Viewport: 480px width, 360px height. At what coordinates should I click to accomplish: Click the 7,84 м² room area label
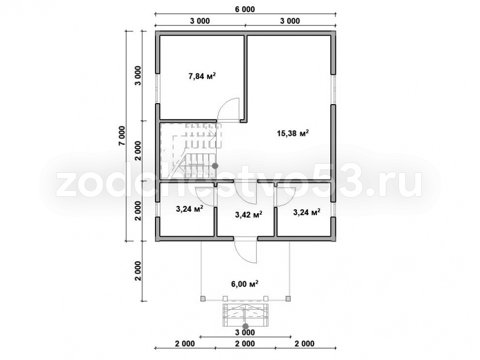pos(202,76)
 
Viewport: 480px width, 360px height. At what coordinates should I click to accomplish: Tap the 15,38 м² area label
pos(292,133)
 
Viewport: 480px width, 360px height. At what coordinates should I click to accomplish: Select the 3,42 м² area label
pos(248,215)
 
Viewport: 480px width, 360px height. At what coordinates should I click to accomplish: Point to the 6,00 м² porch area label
pos(245,284)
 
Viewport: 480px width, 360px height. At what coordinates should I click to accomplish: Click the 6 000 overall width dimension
pos(245,10)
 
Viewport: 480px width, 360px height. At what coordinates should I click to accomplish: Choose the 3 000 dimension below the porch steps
pos(245,333)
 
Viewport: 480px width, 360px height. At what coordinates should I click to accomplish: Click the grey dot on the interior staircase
pos(215,166)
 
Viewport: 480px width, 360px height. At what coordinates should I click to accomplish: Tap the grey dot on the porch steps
pos(245,326)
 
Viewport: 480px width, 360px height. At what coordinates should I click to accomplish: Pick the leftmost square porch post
pos(203,299)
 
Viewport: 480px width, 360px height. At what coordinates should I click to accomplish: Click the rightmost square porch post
pos(288,299)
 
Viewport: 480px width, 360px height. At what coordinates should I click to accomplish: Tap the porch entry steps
pos(245,315)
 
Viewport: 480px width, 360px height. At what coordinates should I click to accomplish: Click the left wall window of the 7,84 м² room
pos(157,89)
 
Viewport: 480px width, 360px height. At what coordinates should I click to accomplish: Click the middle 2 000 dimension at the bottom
pos(245,344)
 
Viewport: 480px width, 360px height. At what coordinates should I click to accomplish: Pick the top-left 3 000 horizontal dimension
pos(200,21)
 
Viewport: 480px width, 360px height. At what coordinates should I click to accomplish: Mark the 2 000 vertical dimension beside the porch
pos(138,271)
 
